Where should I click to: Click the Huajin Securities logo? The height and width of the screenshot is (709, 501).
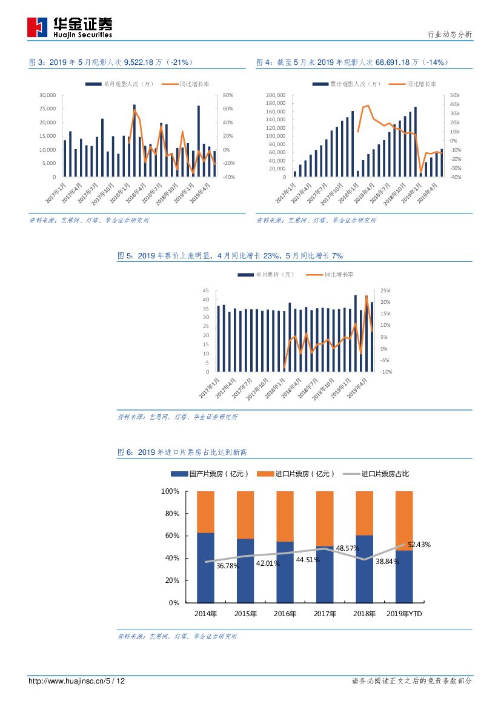[70, 27]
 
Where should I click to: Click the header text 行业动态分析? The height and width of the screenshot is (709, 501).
[450, 35]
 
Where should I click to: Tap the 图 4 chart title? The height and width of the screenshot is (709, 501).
[353, 62]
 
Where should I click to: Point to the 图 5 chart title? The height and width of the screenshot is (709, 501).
[230, 256]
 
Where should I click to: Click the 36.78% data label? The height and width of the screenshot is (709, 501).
[227, 566]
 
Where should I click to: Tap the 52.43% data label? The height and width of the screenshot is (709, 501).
[419, 545]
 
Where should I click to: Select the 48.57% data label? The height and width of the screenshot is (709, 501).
[348, 548]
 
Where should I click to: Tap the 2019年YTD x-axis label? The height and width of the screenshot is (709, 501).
[405, 614]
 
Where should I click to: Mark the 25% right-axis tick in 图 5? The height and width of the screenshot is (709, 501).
[385, 291]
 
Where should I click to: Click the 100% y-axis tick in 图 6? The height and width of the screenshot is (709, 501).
[170, 491]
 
